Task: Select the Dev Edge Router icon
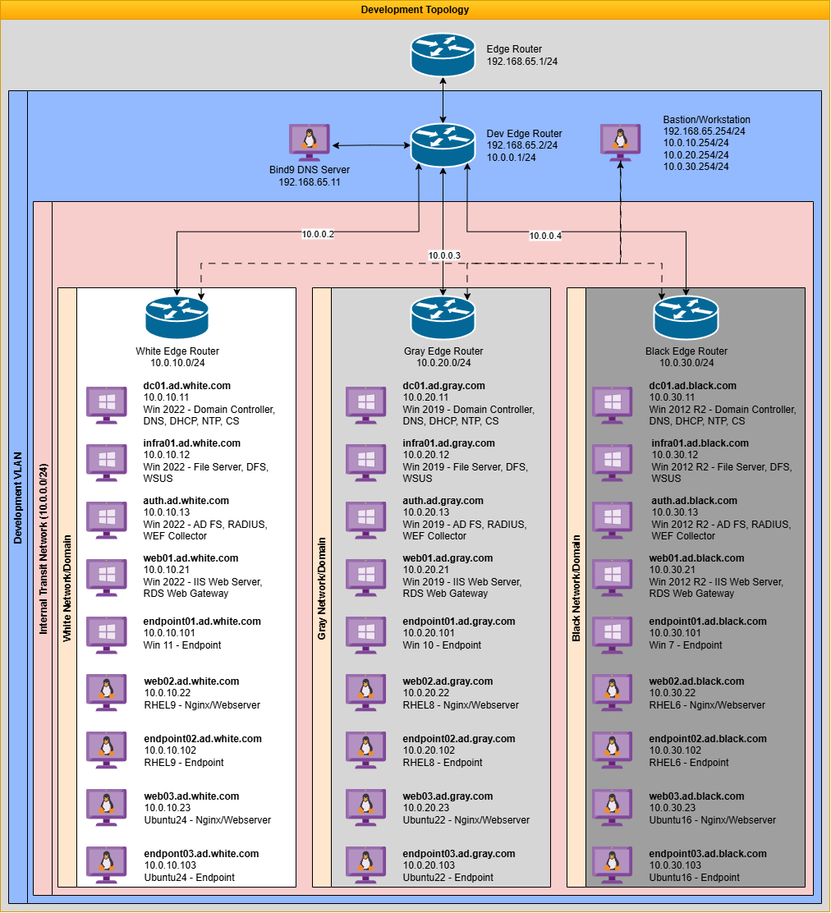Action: pos(443,145)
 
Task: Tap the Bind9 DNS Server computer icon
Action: pos(310,141)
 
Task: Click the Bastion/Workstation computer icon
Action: pos(620,141)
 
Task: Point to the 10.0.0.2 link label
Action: pos(318,235)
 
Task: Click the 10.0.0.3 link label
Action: pos(444,256)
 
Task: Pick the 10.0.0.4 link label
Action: pos(545,236)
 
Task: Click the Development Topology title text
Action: pos(415,10)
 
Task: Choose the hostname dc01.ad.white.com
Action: pos(187,386)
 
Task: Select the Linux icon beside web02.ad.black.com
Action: pos(612,692)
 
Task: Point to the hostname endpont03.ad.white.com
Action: pos(201,854)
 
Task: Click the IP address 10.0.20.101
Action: pos(429,634)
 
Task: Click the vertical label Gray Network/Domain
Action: pos(322,587)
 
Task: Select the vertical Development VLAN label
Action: pos(18,497)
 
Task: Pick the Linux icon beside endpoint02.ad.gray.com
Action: pos(365,750)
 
